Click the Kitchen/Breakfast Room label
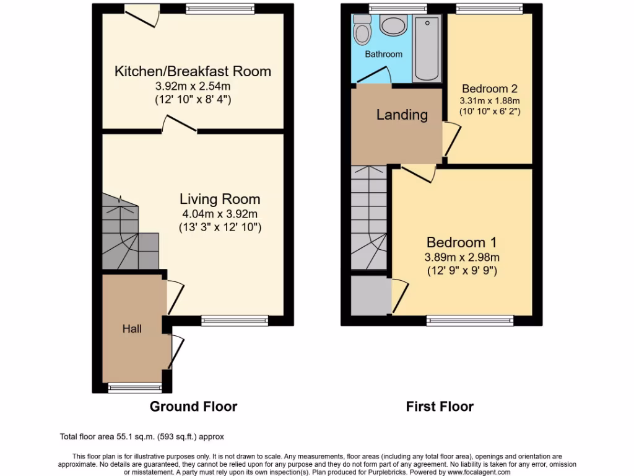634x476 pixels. [193, 71]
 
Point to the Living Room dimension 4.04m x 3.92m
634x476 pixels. [220, 214]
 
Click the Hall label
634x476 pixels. [131, 328]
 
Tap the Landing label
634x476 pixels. [402, 115]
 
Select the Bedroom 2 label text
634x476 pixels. [489, 89]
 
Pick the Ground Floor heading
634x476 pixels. [193, 407]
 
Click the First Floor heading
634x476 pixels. [440, 407]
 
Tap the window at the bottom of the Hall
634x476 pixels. [134, 388]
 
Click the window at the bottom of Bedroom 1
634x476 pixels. [470, 320]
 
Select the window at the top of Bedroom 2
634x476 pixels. [489, 8]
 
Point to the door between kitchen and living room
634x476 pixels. [180, 126]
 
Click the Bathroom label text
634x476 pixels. [383, 55]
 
